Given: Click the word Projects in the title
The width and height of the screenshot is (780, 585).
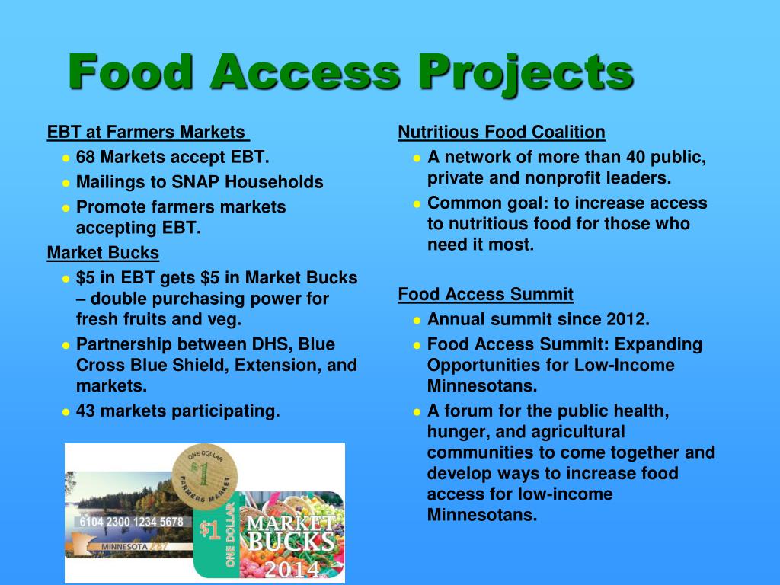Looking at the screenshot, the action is pyautogui.click(x=526, y=74).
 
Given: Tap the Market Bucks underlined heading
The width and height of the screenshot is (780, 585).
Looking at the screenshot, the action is pyautogui.click(x=103, y=253).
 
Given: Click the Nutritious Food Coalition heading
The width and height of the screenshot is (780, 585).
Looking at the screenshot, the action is pyautogui.click(x=501, y=132).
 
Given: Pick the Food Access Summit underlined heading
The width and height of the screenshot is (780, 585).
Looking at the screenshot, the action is pyautogui.click(x=485, y=294).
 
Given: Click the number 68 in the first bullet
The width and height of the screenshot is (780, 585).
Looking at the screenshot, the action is pyautogui.click(x=85, y=157).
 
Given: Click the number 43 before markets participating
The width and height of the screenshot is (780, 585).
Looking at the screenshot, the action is pyautogui.click(x=85, y=411).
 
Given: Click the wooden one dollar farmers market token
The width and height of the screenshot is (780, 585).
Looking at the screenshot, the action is pyautogui.click(x=204, y=475).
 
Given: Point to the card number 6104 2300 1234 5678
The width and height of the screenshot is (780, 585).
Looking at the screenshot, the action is pyautogui.click(x=131, y=522).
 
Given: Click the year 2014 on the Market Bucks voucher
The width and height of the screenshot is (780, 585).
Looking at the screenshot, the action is pyautogui.click(x=292, y=569).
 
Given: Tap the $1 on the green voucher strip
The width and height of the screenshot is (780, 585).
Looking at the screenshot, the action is pyautogui.click(x=209, y=530).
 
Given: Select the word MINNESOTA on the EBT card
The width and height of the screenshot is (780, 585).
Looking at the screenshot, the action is pyautogui.click(x=124, y=547).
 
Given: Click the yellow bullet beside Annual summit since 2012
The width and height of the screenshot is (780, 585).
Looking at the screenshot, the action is pyautogui.click(x=417, y=321).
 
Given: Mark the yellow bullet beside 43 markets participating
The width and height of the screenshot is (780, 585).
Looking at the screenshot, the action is pyautogui.click(x=66, y=412).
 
